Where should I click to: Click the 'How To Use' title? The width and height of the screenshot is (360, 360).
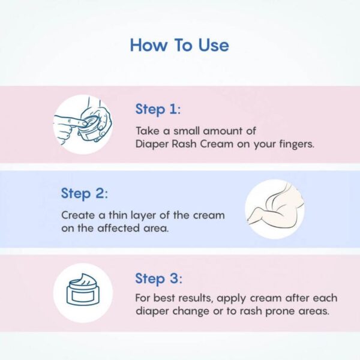179,45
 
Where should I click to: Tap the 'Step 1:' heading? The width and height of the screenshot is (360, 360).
158,109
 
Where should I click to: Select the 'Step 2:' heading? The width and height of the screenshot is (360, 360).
83,194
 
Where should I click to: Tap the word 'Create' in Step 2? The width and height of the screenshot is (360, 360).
76,215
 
